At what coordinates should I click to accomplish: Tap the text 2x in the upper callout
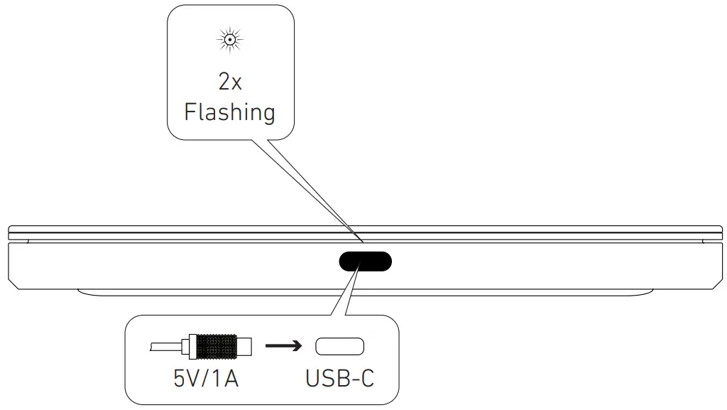[x=229, y=82]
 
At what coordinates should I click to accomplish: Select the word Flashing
[x=229, y=112]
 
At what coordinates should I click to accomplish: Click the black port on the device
[x=365, y=261]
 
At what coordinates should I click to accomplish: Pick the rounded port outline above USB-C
[x=339, y=347]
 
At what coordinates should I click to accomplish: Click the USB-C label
[x=339, y=377]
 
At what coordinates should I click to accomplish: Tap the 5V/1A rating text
[x=206, y=377]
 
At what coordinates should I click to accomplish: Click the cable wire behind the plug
[x=165, y=347]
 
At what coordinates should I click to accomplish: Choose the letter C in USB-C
[x=366, y=377]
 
